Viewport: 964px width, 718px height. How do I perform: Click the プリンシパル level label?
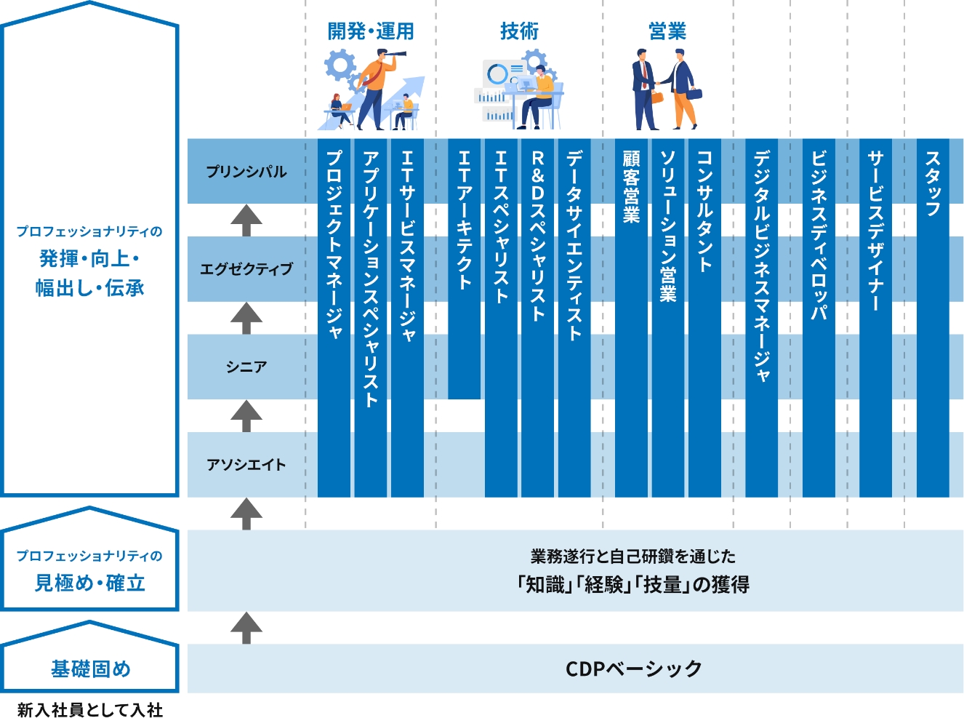[x=246, y=172]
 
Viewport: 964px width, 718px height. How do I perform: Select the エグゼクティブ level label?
[x=246, y=269]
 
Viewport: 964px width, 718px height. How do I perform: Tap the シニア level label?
[x=246, y=367]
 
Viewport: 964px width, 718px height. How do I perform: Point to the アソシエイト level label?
[x=246, y=464]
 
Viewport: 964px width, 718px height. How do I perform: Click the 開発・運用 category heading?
[x=371, y=31]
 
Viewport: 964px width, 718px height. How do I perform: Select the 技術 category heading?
[x=519, y=31]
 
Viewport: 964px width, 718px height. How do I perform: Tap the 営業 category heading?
[x=667, y=31]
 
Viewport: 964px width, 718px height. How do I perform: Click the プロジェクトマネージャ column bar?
[x=334, y=318]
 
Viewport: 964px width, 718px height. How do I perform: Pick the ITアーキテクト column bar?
[x=464, y=269]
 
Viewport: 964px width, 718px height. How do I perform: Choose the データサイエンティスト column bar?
[x=574, y=318]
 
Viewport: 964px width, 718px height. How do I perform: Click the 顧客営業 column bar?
[x=631, y=318]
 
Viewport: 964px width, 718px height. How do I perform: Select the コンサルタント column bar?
[x=704, y=318]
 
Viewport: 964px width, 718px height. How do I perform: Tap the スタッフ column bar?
[x=933, y=318]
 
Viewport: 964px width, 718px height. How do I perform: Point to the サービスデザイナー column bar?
[x=875, y=318]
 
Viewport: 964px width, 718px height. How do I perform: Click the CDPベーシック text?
[x=633, y=669]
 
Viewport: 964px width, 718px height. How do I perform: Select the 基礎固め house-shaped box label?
[x=90, y=669]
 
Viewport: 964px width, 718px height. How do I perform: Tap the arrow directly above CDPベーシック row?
[x=246, y=627]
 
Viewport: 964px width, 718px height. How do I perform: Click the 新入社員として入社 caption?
[x=90, y=709]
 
